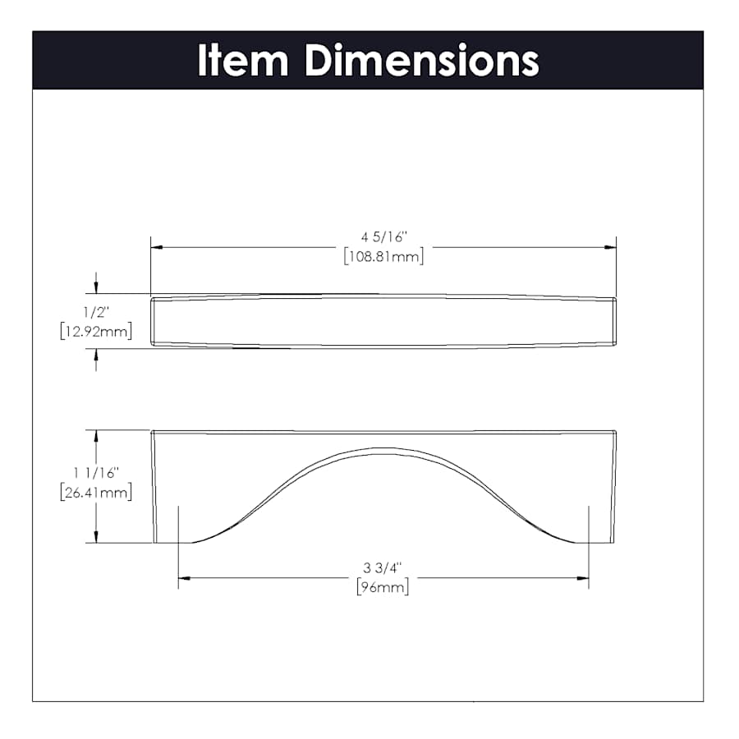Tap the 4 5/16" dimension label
tap(383, 236)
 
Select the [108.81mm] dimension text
tap(383, 256)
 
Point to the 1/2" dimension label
tap(96, 312)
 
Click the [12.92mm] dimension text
tap(96, 332)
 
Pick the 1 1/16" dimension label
tap(96, 473)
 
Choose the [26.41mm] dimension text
tap(96, 493)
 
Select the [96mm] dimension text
tap(382, 587)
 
